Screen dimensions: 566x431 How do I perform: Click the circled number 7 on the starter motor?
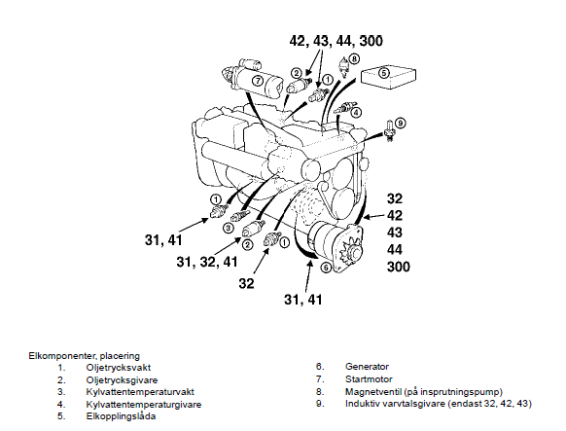258,81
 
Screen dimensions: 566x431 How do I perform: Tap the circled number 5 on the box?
384,73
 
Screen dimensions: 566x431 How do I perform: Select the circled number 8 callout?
354,58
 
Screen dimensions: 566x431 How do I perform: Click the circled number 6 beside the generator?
326,268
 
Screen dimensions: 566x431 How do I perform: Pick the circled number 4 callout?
356,113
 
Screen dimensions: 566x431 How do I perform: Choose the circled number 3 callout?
229,228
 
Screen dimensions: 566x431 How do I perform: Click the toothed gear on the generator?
350,249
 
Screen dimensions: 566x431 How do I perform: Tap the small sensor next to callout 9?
389,130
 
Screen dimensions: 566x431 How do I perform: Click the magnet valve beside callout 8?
344,67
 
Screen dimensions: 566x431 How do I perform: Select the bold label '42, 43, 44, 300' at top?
336,41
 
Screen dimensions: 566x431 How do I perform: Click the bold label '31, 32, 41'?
207,262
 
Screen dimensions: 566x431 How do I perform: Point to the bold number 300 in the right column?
399,267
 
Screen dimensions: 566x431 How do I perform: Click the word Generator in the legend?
367,367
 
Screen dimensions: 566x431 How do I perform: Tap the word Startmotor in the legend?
369,379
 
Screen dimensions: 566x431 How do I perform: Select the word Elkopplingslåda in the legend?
121,416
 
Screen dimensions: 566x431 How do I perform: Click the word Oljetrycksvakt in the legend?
119,368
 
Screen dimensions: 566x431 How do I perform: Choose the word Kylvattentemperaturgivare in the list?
144,405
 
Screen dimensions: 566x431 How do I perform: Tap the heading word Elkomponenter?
61,356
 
